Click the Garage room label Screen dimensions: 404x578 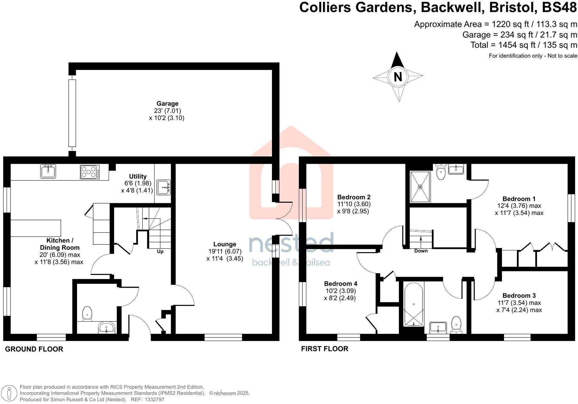[167, 104]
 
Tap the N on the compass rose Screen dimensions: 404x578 [398, 77]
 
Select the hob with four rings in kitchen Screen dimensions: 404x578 [90, 172]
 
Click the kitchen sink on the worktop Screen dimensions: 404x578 [48, 172]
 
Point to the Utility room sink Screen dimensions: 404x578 [164, 187]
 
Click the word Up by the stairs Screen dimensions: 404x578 [160, 252]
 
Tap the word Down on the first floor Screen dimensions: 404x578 [421, 251]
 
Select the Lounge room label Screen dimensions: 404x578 [225, 244]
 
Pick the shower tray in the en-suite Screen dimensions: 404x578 [420, 187]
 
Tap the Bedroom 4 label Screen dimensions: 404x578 [341, 284]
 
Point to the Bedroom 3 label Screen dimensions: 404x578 [519, 296]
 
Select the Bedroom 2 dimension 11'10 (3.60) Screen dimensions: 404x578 [354, 204]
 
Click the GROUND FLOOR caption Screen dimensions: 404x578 [34, 349]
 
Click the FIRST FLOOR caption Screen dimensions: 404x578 [325, 349]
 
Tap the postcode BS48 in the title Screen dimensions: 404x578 [559, 7]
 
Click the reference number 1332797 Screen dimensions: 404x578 [154, 400]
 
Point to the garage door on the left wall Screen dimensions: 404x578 [72, 113]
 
